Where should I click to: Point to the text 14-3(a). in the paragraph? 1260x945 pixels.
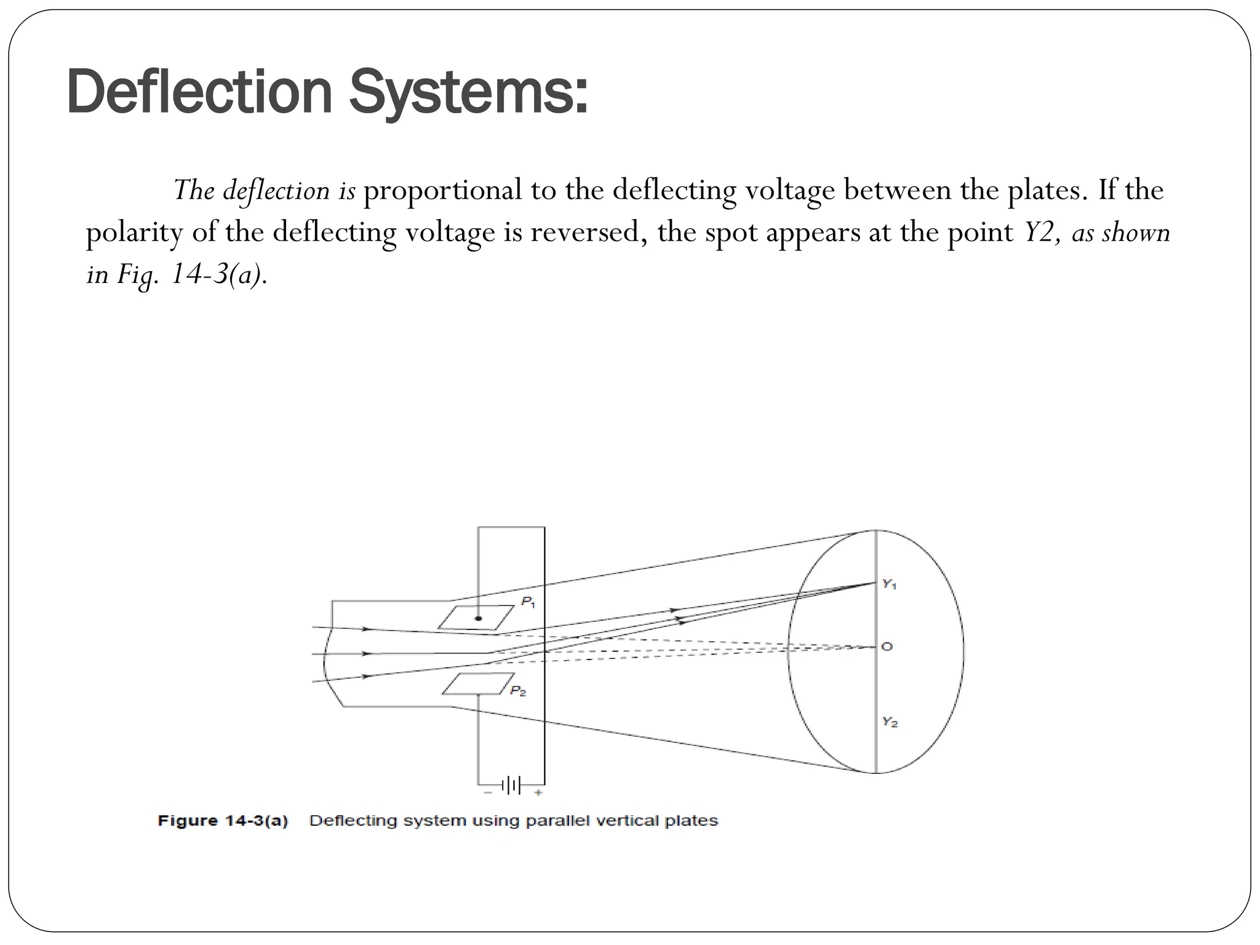pyautogui.click(x=219, y=274)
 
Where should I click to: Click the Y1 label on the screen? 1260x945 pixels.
pyautogui.click(x=890, y=584)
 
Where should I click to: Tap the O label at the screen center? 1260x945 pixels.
pyautogui.click(x=887, y=647)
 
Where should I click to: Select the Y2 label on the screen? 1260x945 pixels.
pyautogui.click(x=890, y=722)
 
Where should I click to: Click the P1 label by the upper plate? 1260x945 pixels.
pyautogui.click(x=528, y=602)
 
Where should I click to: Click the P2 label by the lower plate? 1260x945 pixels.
pyautogui.click(x=518, y=692)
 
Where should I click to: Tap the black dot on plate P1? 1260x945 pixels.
pyautogui.click(x=479, y=618)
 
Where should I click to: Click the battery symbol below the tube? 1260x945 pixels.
pyautogui.click(x=511, y=785)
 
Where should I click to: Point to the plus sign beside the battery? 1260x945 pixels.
pyautogui.click(x=538, y=793)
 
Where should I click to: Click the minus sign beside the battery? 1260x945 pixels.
pyautogui.click(x=488, y=793)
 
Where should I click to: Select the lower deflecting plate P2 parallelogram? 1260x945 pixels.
pyautogui.click(x=477, y=684)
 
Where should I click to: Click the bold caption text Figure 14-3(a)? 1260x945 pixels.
pyautogui.click(x=223, y=821)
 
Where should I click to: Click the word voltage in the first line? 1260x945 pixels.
pyautogui.click(x=790, y=190)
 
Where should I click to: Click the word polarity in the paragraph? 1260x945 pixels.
pyautogui.click(x=134, y=233)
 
